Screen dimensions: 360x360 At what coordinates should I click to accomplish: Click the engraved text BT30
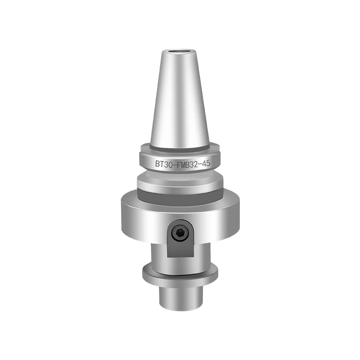click(x=164, y=164)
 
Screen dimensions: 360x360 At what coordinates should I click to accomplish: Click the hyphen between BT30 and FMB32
click(x=173, y=164)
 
